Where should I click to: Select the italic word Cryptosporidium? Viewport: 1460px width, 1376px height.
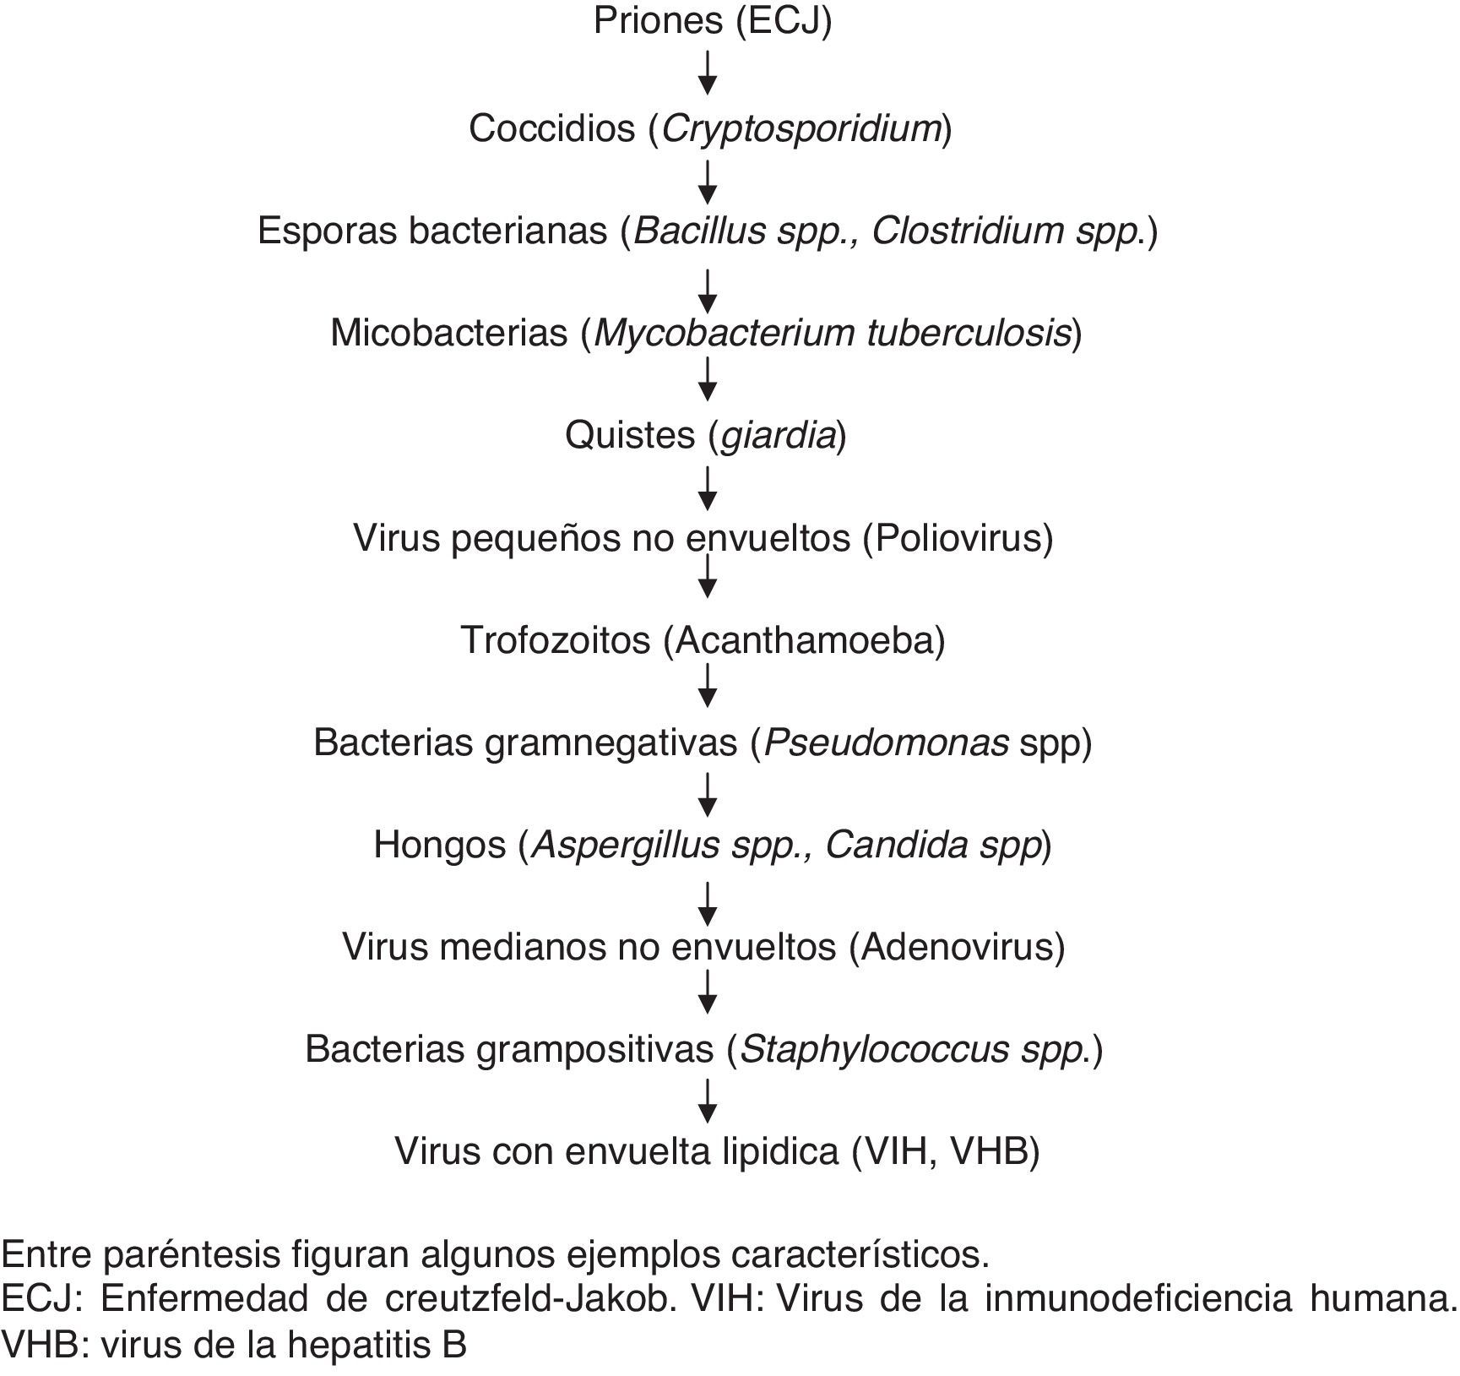click(801, 129)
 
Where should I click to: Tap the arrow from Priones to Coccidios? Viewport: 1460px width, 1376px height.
click(708, 73)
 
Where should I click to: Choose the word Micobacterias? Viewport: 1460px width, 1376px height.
click(448, 333)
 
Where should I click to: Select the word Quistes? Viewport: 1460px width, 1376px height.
click(630, 436)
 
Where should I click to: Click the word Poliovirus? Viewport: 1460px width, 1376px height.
click(958, 538)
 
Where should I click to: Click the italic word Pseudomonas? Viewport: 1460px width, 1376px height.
click(887, 742)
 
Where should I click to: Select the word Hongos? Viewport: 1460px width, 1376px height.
click(439, 845)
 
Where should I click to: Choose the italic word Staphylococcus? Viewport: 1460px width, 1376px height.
click(874, 1049)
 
